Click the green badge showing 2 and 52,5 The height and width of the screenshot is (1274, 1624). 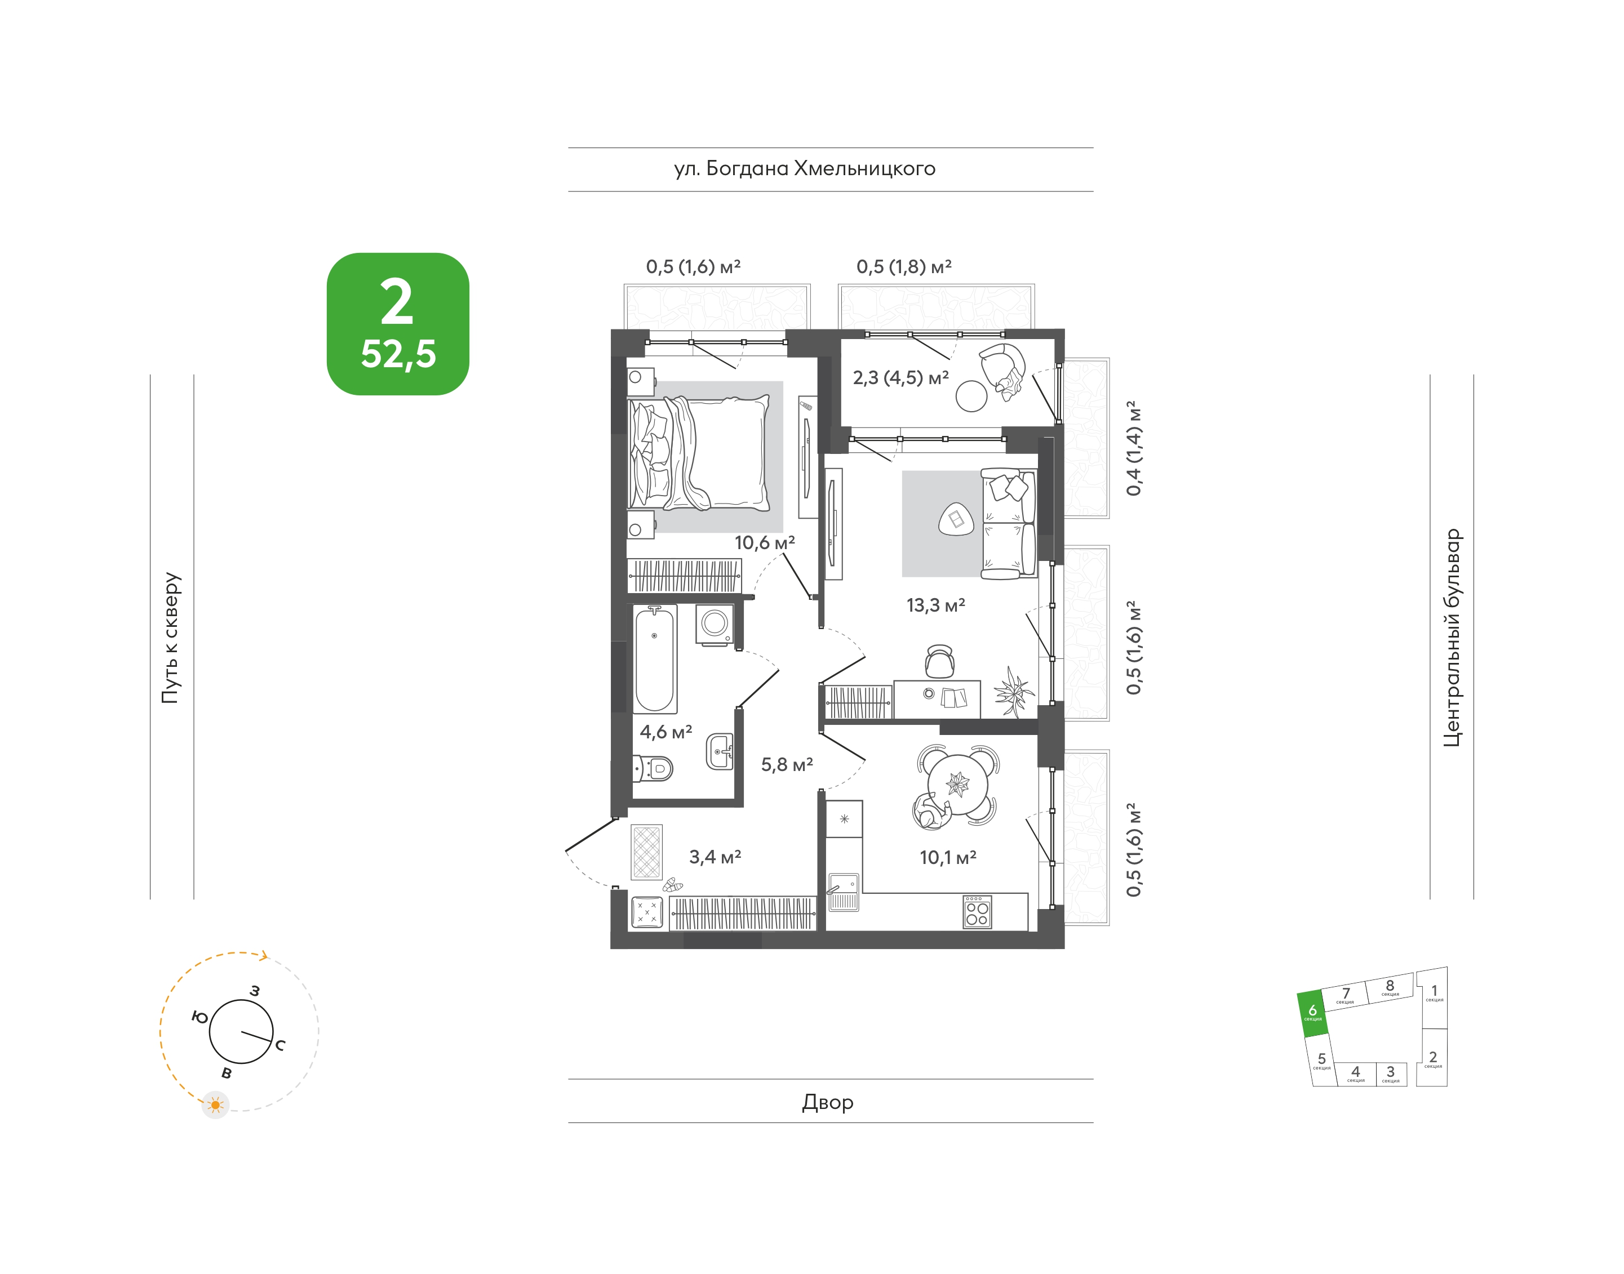[x=398, y=324]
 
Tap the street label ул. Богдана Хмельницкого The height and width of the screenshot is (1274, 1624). [x=805, y=168]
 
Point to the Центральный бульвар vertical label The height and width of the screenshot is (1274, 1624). [x=1452, y=637]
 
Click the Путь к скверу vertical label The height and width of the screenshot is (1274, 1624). [x=171, y=638]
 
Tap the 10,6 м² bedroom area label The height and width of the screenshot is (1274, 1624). [x=764, y=542]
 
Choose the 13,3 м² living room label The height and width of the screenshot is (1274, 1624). [x=936, y=605]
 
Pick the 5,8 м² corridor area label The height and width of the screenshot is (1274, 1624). [x=787, y=764]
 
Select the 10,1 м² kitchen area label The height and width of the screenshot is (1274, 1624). [x=948, y=858]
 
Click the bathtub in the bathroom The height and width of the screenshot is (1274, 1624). [x=655, y=658]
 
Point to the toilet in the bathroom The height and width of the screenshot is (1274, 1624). [x=653, y=768]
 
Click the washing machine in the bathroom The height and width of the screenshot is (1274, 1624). [x=714, y=623]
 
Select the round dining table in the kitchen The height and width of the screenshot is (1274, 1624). [x=957, y=785]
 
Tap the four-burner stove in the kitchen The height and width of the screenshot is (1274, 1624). [x=977, y=911]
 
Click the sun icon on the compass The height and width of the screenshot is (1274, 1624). [x=216, y=1104]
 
